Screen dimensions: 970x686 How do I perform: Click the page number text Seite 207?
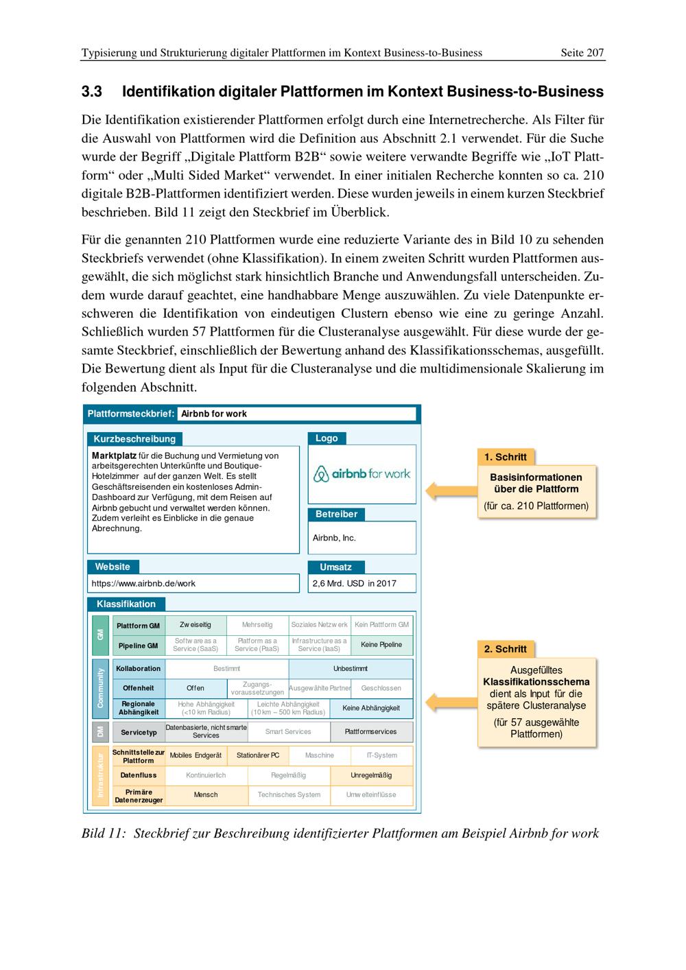[x=582, y=53]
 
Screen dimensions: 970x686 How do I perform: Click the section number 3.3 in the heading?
[x=92, y=92]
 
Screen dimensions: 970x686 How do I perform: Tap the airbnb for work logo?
[x=362, y=473]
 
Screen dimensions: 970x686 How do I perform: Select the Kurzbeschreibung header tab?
[x=134, y=439]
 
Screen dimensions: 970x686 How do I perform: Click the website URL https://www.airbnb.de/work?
[x=144, y=584]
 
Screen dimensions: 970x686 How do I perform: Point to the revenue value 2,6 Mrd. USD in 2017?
[x=354, y=584]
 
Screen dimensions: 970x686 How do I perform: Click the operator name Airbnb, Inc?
[x=334, y=538]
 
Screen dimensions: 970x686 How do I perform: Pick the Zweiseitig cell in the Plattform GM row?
[x=196, y=625]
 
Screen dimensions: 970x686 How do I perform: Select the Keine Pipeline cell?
[x=381, y=645]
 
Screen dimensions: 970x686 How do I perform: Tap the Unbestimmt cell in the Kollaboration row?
[x=351, y=669]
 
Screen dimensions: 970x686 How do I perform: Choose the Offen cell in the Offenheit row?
[x=196, y=688]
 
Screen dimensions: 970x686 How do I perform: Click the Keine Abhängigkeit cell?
[x=371, y=708]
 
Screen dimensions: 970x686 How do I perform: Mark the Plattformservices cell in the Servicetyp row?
[x=371, y=732]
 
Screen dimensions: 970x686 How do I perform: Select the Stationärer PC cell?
[x=258, y=755]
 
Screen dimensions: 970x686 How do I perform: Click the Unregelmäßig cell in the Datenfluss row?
[x=371, y=775]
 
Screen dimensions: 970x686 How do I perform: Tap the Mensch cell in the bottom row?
[x=206, y=795]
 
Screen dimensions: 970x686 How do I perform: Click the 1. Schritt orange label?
[x=506, y=458]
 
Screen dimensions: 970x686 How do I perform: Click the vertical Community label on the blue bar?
[x=100, y=688]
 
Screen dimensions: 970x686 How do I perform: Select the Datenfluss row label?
[x=139, y=775]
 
